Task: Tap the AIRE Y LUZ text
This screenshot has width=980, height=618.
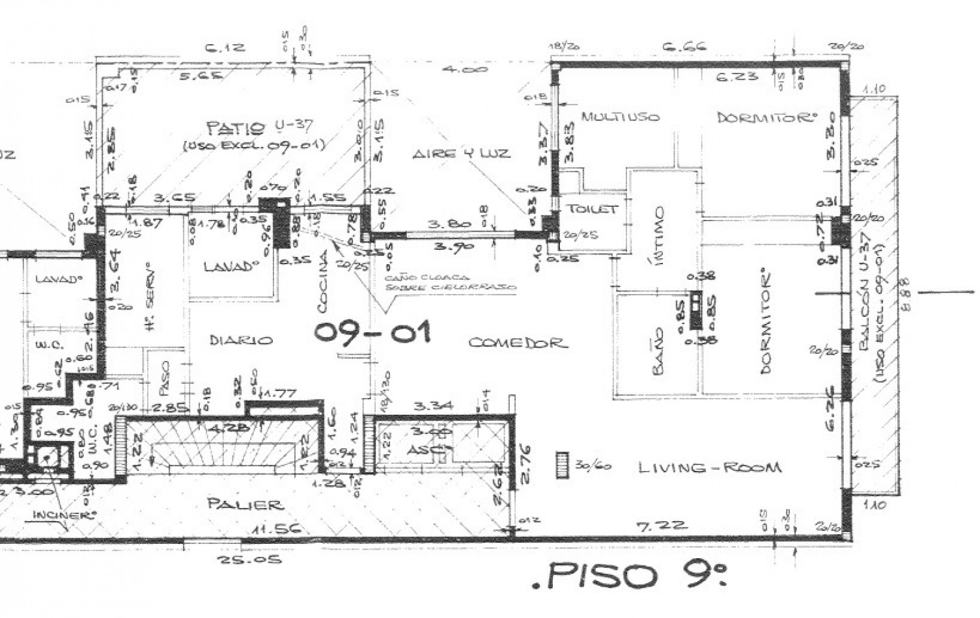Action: click(x=460, y=154)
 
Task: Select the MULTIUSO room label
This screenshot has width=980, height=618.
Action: click(x=620, y=117)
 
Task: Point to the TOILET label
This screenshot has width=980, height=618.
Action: click(x=592, y=209)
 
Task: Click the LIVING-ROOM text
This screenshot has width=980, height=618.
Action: click(x=709, y=467)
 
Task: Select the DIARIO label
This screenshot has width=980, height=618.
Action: click(x=240, y=340)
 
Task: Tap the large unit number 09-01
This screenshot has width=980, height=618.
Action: click(x=372, y=332)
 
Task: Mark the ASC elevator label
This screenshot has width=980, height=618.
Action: click(x=421, y=450)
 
